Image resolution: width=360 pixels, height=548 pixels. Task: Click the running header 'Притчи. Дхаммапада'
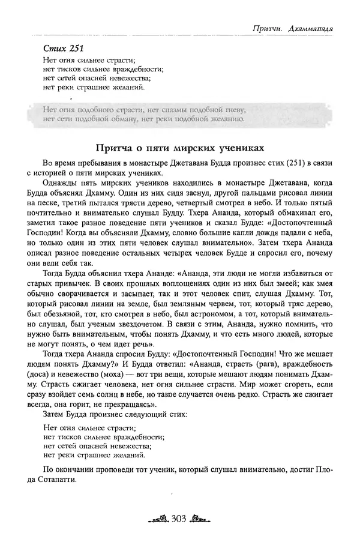click(293, 28)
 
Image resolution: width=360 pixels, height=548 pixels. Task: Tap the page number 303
click(181, 519)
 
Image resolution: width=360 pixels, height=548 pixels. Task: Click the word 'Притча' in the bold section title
click(116, 148)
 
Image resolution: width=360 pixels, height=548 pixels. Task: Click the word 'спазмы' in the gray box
click(185, 110)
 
